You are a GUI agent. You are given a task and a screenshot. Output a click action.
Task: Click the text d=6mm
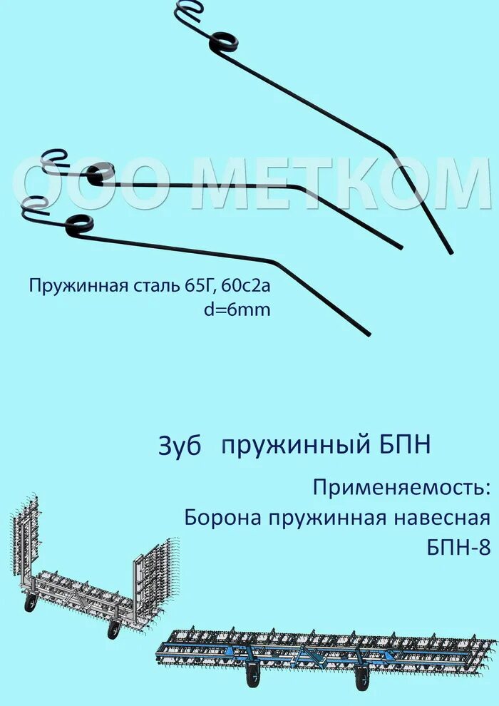click(x=237, y=311)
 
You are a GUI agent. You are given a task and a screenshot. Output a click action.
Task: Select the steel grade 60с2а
click(x=247, y=287)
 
